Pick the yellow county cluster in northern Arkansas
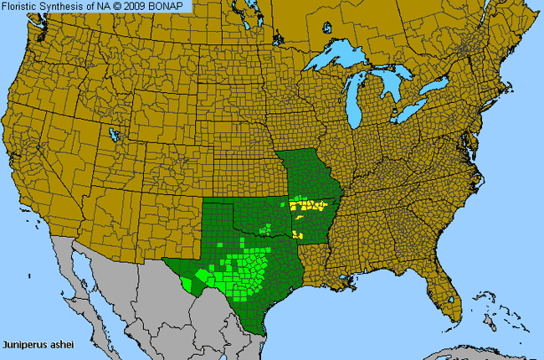308,205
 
